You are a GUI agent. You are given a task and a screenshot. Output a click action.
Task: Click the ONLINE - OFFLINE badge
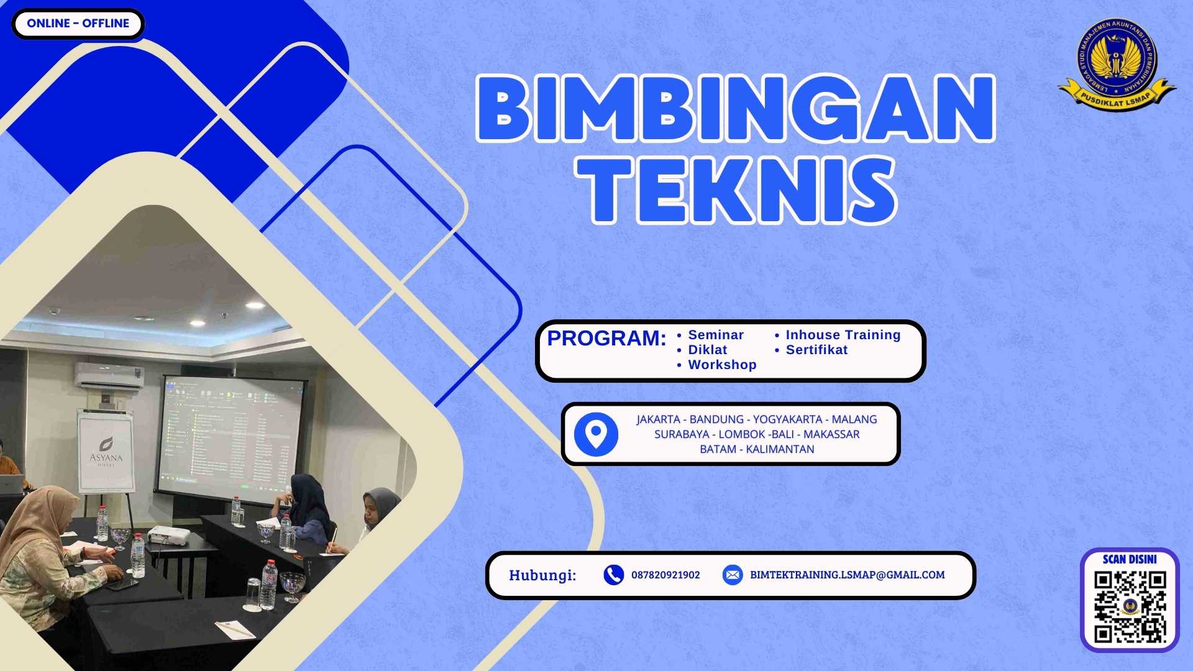pyautogui.click(x=78, y=24)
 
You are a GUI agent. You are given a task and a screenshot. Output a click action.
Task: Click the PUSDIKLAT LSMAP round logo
pyautogui.click(x=1117, y=62)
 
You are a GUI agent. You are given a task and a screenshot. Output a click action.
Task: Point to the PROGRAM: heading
pyautogui.click(x=606, y=339)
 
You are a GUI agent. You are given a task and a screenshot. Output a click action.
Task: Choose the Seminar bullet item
pyautogui.click(x=715, y=335)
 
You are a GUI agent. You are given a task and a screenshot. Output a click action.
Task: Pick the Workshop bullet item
pyautogui.click(x=722, y=365)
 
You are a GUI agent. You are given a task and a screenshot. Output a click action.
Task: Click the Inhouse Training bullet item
pyautogui.click(x=843, y=335)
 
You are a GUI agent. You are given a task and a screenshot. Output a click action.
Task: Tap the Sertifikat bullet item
pyautogui.click(x=816, y=350)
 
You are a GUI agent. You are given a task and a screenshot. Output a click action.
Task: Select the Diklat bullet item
pyautogui.click(x=707, y=350)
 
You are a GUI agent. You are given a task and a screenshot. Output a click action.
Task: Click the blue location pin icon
pyautogui.click(x=596, y=434)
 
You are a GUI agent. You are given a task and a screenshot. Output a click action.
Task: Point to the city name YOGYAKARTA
pyautogui.click(x=787, y=419)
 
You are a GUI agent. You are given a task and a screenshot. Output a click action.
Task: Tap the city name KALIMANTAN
pyautogui.click(x=780, y=449)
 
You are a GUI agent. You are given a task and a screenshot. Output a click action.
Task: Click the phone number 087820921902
pyautogui.click(x=665, y=575)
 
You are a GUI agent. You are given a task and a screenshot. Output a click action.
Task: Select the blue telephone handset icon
pyautogui.click(x=613, y=575)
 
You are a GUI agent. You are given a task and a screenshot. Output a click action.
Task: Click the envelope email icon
pyautogui.click(x=733, y=575)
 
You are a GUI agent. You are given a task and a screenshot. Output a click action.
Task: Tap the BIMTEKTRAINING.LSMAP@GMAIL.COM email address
pyautogui.click(x=847, y=575)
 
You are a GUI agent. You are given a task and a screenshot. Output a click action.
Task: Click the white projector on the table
pyautogui.click(x=168, y=534)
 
